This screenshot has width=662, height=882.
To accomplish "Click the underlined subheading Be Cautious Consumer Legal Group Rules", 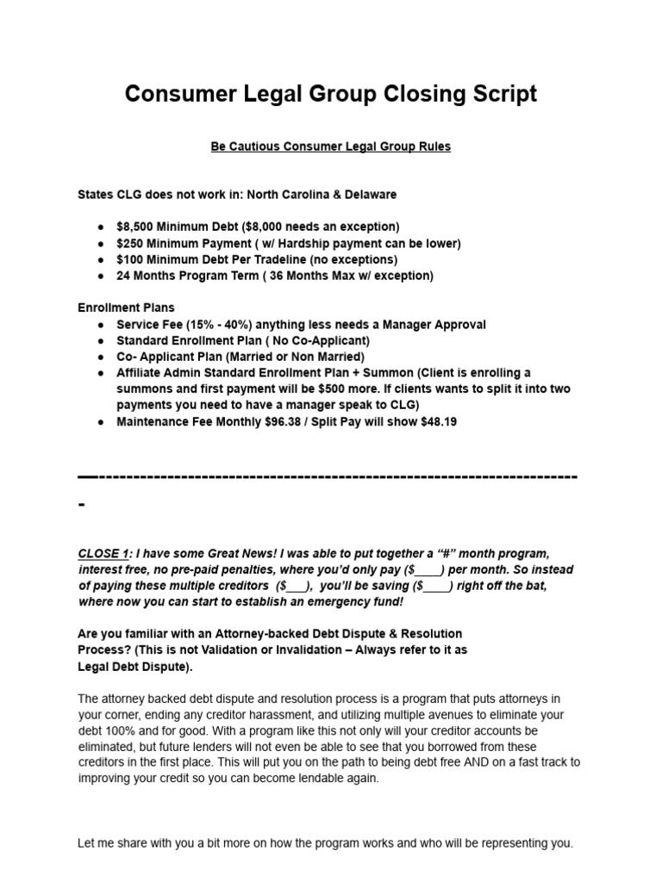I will [x=331, y=146].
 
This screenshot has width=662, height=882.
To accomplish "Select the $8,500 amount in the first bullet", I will [x=136, y=227].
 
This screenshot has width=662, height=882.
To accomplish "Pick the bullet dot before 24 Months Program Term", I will [x=102, y=276].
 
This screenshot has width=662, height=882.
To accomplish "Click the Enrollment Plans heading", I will [x=126, y=307].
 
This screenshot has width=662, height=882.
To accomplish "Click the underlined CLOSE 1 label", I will [x=103, y=553].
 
